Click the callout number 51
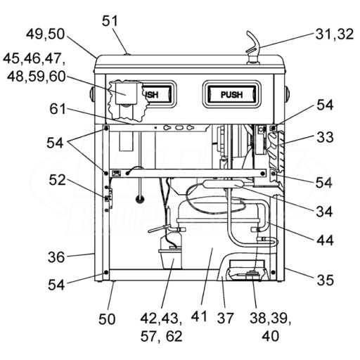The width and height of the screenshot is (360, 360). [110, 21]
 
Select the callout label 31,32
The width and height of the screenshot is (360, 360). [335, 34]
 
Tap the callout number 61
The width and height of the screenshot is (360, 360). [58, 109]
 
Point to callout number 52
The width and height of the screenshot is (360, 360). [57, 180]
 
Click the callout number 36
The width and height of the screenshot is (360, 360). [56, 257]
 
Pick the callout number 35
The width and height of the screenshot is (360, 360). [325, 280]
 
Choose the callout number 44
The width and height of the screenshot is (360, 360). [325, 240]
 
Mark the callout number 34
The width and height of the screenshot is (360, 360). [324, 212]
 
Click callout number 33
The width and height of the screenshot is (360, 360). [325, 137]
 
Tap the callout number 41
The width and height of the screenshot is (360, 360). [199, 316]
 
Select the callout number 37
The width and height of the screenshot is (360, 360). [225, 318]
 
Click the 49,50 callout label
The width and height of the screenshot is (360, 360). [45, 34]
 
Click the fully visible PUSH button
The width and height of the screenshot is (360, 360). [232, 94]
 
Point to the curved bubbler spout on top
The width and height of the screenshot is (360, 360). [254, 46]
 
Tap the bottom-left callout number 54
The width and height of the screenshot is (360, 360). [56, 285]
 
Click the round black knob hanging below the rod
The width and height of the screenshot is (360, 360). [140, 200]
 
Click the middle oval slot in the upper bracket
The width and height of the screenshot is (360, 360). [179, 128]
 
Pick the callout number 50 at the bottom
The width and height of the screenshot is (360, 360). [107, 319]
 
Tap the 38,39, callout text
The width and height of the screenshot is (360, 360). [270, 319]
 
